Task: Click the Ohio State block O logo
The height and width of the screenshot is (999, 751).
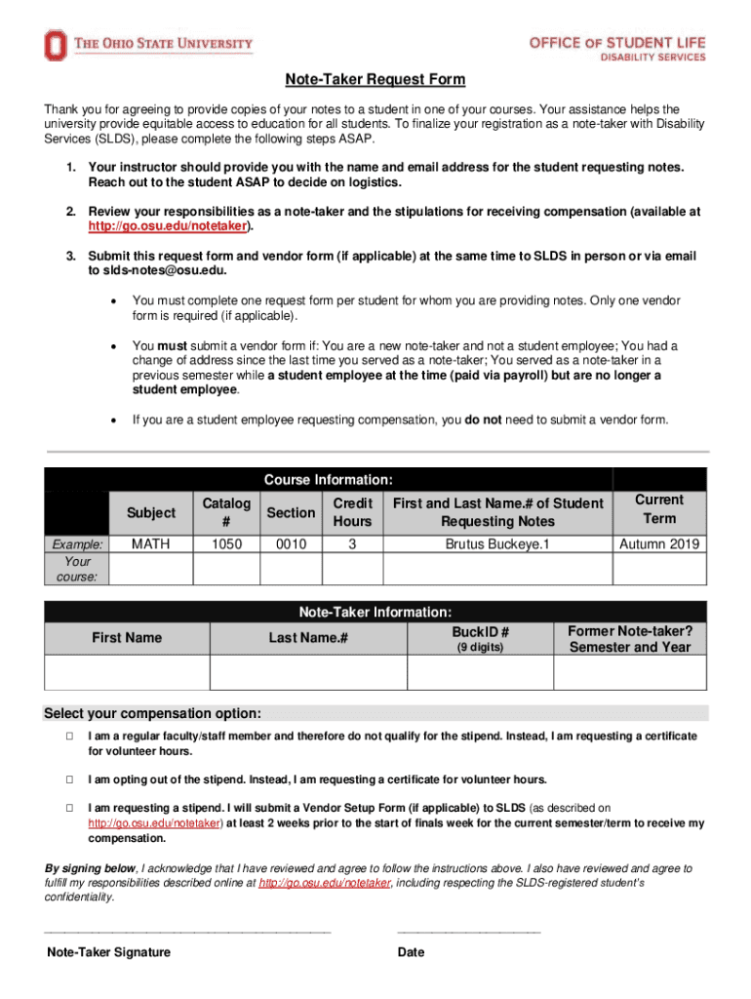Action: (x=56, y=45)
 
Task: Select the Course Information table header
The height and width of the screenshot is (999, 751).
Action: (x=329, y=480)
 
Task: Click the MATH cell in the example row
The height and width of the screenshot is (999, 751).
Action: (x=151, y=543)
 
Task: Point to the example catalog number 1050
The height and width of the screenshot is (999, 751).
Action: (x=226, y=543)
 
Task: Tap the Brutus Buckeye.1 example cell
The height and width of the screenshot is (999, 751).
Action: (x=497, y=543)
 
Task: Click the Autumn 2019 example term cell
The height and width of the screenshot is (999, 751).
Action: (x=658, y=543)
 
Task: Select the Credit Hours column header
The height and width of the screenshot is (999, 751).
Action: (x=352, y=512)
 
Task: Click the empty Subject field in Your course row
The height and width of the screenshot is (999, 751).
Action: (x=151, y=569)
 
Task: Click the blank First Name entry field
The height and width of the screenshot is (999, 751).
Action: (x=127, y=672)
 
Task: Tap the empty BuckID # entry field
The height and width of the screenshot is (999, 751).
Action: (x=480, y=672)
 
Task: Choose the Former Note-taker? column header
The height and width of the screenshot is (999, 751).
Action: (x=629, y=639)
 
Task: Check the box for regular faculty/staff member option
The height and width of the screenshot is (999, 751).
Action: (x=70, y=737)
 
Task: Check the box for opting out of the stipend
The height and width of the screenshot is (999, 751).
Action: (x=70, y=779)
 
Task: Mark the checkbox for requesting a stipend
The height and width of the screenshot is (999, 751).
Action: (x=70, y=808)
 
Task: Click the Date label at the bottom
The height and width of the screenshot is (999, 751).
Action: (x=411, y=952)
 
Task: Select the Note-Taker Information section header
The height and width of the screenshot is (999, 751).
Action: (x=375, y=613)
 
